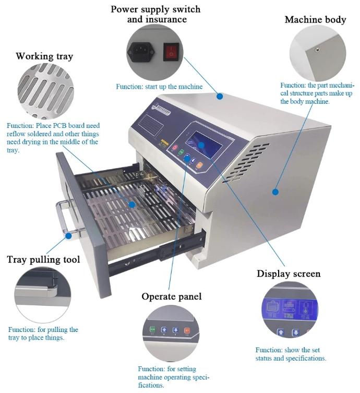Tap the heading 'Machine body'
tap(315, 20)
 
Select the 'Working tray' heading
tap(44, 55)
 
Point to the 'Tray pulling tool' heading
tap(44, 259)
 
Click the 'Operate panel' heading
tap(171, 296)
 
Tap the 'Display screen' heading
tap(289, 273)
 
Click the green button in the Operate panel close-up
tap(152, 330)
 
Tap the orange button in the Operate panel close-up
tap(187, 330)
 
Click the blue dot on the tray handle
tap(68, 236)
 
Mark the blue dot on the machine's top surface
tap(220, 97)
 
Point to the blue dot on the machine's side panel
tap(275, 192)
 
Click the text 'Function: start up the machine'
tap(159, 87)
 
